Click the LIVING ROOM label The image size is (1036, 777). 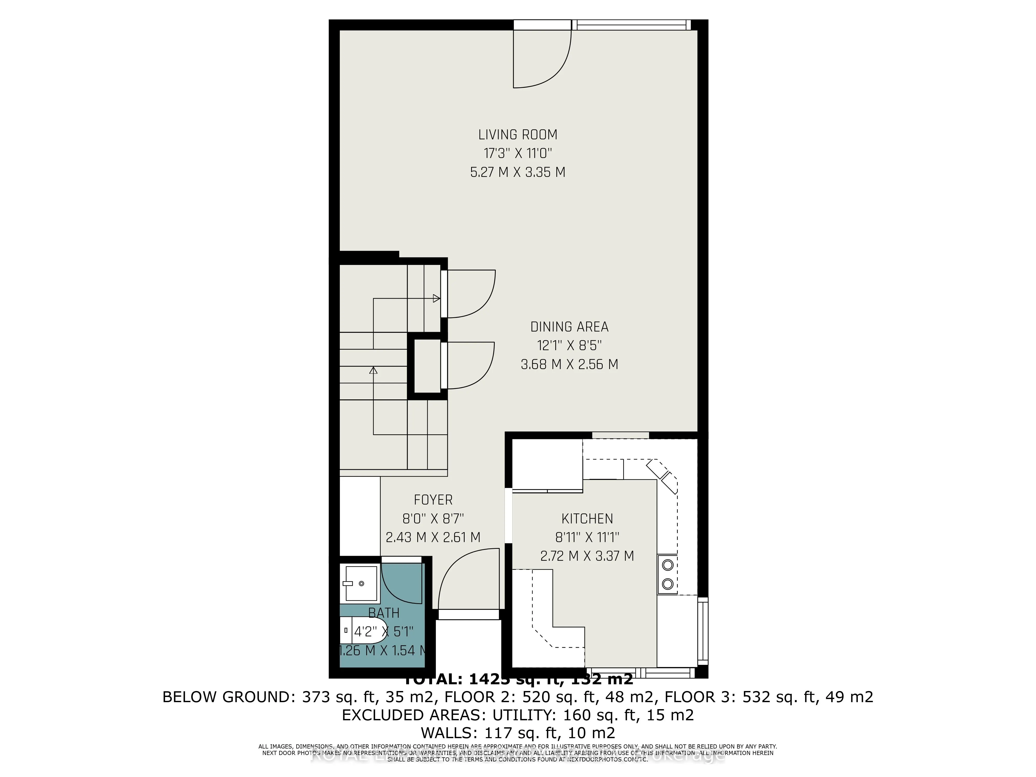click(x=517, y=135)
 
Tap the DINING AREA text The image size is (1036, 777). click(x=569, y=327)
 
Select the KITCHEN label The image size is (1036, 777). click(x=587, y=519)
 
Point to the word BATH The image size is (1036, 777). click(x=384, y=613)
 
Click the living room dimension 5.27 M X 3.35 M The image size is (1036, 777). click(x=517, y=172)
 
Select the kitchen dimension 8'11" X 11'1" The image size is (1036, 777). click(x=587, y=538)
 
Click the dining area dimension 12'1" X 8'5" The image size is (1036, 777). click(x=569, y=346)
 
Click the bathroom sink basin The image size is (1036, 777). click(x=361, y=584)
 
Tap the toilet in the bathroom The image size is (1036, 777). click(x=363, y=630)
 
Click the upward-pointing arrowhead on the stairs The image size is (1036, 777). click(x=373, y=370)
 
